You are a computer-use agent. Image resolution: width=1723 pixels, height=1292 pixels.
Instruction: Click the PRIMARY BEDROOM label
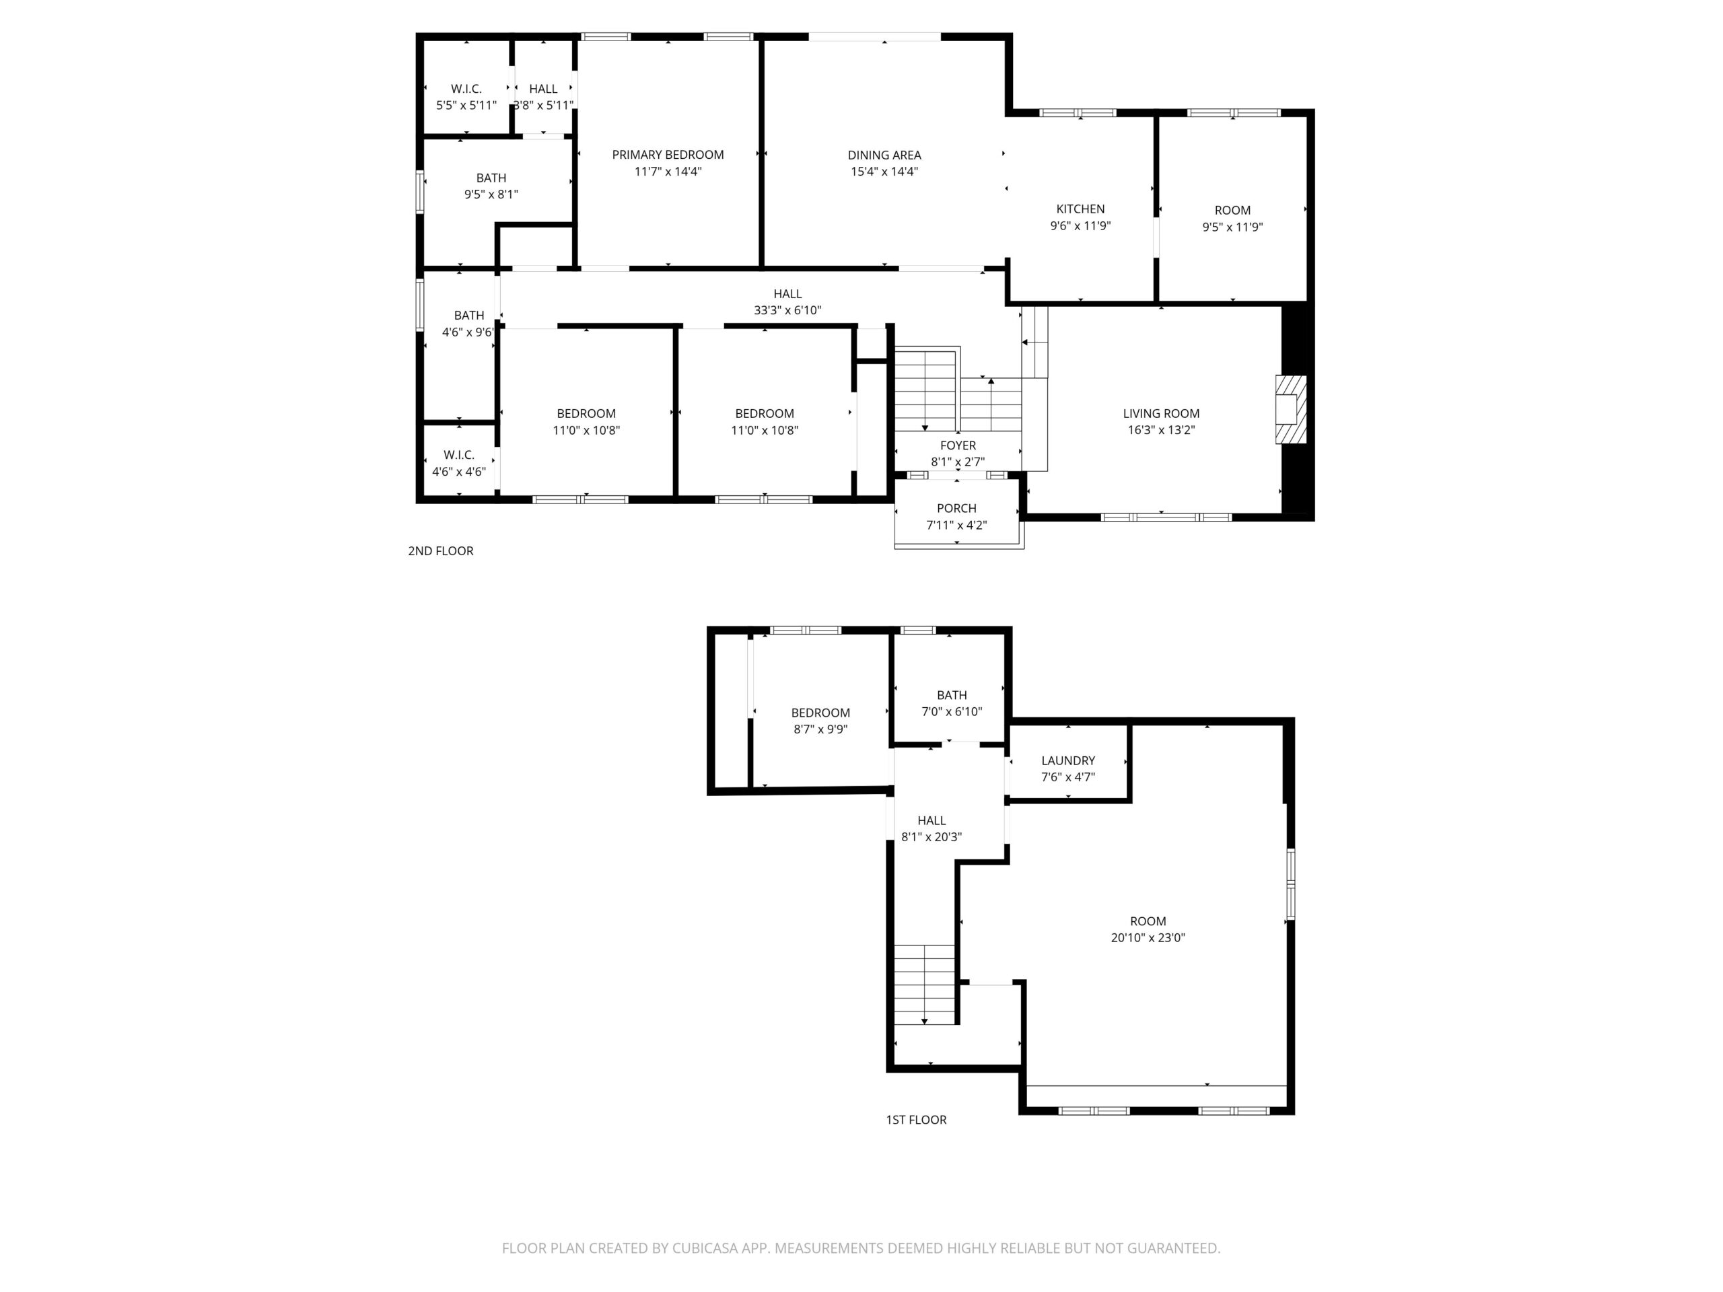click(x=668, y=155)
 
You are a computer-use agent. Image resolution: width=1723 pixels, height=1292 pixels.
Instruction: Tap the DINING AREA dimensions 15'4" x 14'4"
click(x=884, y=172)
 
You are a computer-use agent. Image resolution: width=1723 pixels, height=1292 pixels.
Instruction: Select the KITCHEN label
click(x=1080, y=209)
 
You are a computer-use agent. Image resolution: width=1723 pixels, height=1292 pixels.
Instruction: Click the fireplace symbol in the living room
click(x=1290, y=410)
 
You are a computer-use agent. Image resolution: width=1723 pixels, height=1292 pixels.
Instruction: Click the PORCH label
click(x=956, y=509)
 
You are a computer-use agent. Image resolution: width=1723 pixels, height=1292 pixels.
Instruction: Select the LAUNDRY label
click(x=1068, y=760)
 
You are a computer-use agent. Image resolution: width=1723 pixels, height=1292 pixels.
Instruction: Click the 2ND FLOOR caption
click(x=441, y=550)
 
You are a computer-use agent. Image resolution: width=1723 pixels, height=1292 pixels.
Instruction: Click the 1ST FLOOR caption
click(x=916, y=1119)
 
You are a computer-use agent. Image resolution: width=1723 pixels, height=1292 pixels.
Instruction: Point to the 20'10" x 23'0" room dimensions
click(x=1148, y=937)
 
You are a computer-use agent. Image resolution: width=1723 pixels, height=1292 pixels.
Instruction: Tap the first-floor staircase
click(x=925, y=984)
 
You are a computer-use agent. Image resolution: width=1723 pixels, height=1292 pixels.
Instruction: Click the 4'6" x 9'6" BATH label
click(x=469, y=324)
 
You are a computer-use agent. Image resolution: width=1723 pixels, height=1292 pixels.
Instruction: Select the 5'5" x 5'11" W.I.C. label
click(x=466, y=97)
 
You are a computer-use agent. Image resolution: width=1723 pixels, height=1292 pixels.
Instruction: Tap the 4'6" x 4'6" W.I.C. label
click(x=459, y=462)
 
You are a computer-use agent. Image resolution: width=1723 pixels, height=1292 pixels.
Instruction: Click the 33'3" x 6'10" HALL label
click(x=787, y=301)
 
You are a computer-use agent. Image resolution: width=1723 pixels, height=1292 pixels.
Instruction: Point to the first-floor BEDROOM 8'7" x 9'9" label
click(x=820, y=721)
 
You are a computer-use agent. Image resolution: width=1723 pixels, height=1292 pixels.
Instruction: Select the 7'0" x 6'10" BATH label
click(x=952, y=703)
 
